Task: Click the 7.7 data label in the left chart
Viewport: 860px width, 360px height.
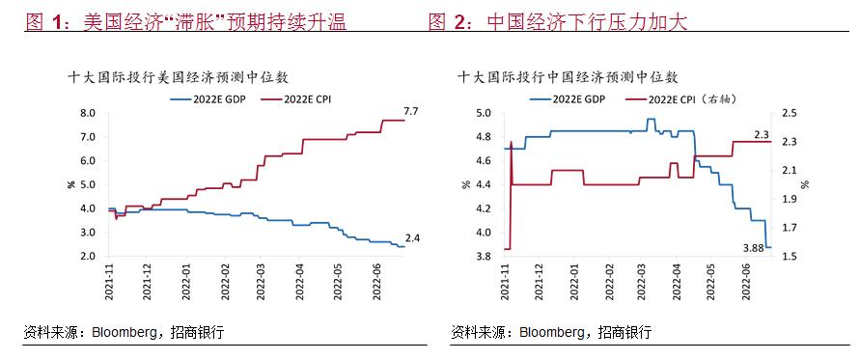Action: click(x=409, y=112)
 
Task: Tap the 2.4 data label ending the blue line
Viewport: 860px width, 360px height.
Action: click(x=411, y=237)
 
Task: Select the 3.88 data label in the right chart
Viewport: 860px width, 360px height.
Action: click(x=753, y=248)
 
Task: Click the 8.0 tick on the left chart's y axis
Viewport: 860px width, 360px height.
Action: click(x=88, y=113)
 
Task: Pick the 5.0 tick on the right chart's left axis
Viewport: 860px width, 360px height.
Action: click(x=485, y=113)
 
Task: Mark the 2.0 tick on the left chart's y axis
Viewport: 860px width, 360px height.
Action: click(x=88, y=256)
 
